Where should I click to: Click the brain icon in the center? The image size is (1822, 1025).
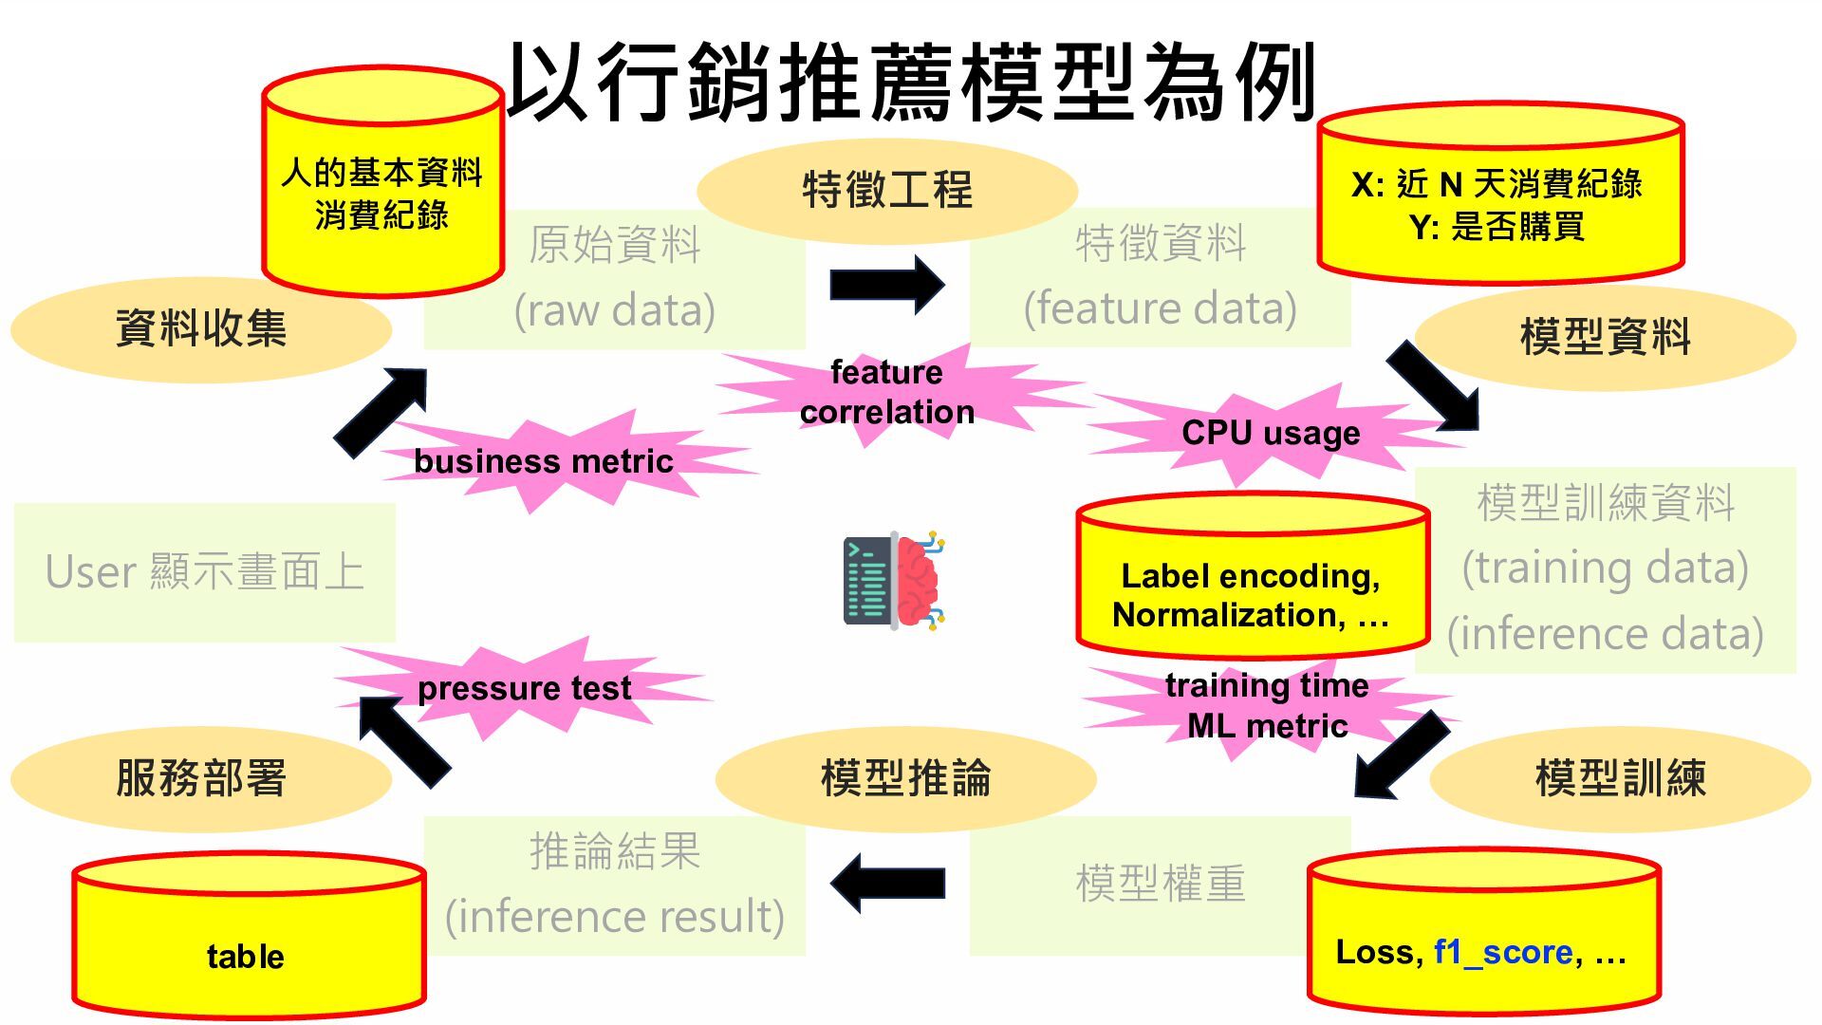tap(893, 581)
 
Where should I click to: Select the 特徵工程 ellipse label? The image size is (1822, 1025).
tap(887, 190)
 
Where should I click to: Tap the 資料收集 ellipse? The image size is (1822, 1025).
tap(200, 329)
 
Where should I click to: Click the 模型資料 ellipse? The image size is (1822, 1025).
tap(1605, 337)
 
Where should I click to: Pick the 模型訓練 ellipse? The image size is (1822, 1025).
tap(1620, 778)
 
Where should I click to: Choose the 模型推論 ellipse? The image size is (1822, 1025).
tap(905, 778)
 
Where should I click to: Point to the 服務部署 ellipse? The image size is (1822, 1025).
tap(200, 778)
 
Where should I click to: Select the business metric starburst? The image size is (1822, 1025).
tap(543, 462)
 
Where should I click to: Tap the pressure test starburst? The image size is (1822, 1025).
tap(524, 688)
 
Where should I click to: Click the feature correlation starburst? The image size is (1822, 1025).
tap(886, 392)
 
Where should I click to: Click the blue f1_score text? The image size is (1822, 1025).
tap(1503, 952)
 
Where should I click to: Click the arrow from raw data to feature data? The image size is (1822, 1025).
tap(886, 284)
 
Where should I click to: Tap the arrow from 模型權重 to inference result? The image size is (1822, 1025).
tap(886, 883)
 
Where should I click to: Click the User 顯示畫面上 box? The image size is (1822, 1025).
tap(205, 572)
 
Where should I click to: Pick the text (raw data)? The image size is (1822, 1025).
tap(614, 310)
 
